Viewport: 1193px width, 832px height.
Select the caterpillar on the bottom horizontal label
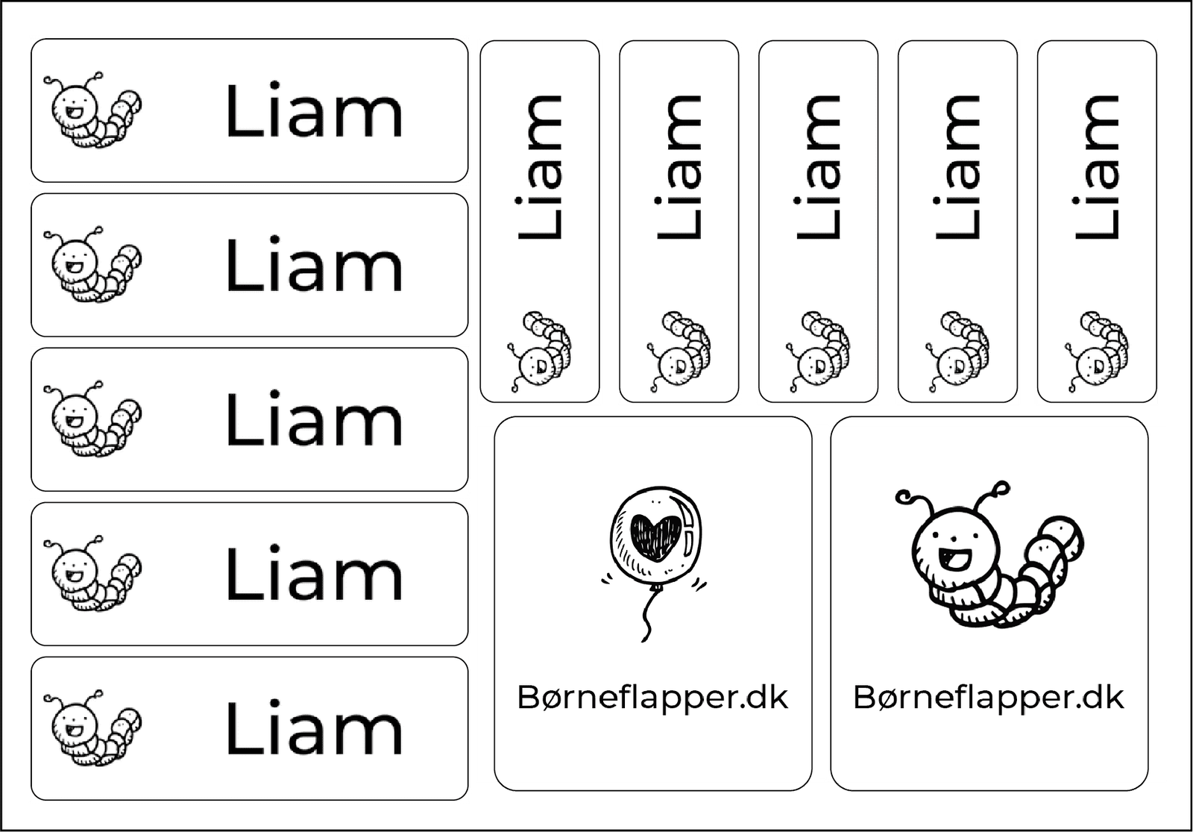click(x=92, y=728)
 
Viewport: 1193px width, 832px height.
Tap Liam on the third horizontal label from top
click(x=314, y=419)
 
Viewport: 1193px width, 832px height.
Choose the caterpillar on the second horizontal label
click(x=92, y=265)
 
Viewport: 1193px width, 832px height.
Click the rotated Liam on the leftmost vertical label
click(x=539, y=167)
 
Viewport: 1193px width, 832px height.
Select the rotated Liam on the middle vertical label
click(x=818, y=167)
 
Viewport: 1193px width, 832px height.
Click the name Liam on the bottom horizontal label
click(x=314, y=728)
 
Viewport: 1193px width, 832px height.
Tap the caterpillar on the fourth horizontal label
click(x=92, y=574)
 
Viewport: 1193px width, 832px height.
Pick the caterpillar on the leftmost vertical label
click(x=539, y=351)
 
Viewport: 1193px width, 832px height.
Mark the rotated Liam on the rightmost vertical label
click(x=1097, y=167)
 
